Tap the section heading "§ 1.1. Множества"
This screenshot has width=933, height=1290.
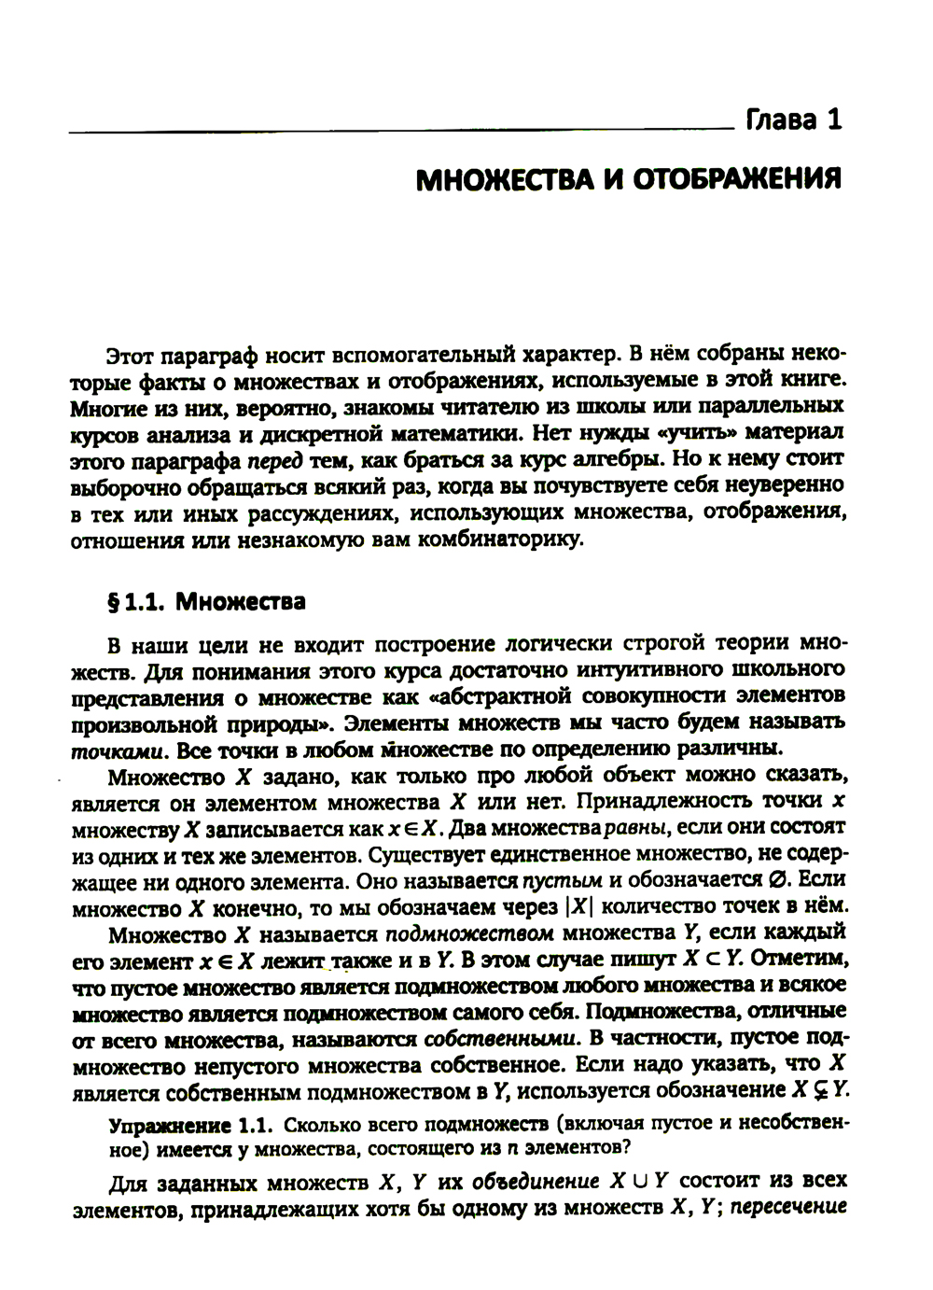tap(206, 601)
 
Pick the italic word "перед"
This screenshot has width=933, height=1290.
tap(277, 461)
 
